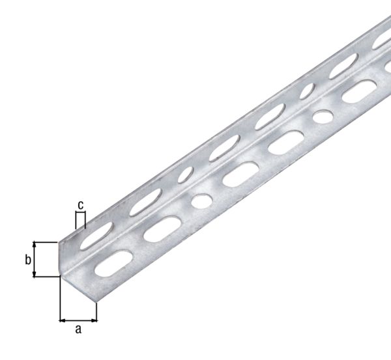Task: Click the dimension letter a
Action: pyautogui.click(x=78, y=329)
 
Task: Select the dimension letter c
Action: pyautogui.click(x=81, y=206)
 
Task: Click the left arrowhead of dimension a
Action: pyautogui.click(x=62, y=320)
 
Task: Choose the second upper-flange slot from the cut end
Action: pyautogui.click(x=144, y=204)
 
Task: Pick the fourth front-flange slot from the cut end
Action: pyautogui.click(x=285, y=141)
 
